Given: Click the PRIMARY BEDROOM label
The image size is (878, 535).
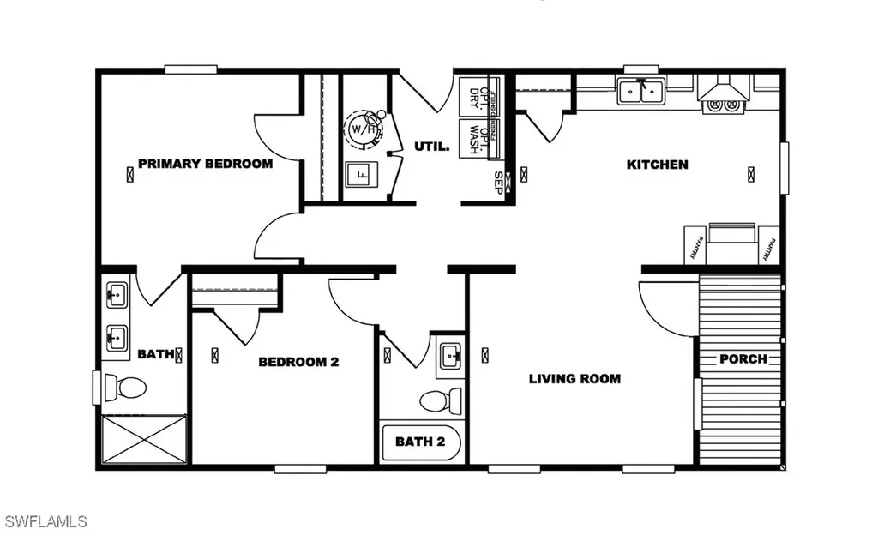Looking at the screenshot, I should point(205,164).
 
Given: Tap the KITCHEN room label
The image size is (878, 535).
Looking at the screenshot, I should point(657,165).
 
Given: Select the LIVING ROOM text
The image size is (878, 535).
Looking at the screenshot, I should point(574,378).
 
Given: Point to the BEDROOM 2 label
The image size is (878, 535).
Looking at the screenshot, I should point(298,362).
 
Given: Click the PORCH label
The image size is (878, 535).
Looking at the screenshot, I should point(743,358).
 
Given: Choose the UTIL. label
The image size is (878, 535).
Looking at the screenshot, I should point(432,147).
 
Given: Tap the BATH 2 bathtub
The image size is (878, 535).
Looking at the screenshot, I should point(420,442).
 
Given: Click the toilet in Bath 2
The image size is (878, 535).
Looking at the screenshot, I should point(436,400).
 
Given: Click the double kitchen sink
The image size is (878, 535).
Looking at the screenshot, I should point(641,90).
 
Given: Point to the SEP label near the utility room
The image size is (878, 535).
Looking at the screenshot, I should point(498,183).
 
